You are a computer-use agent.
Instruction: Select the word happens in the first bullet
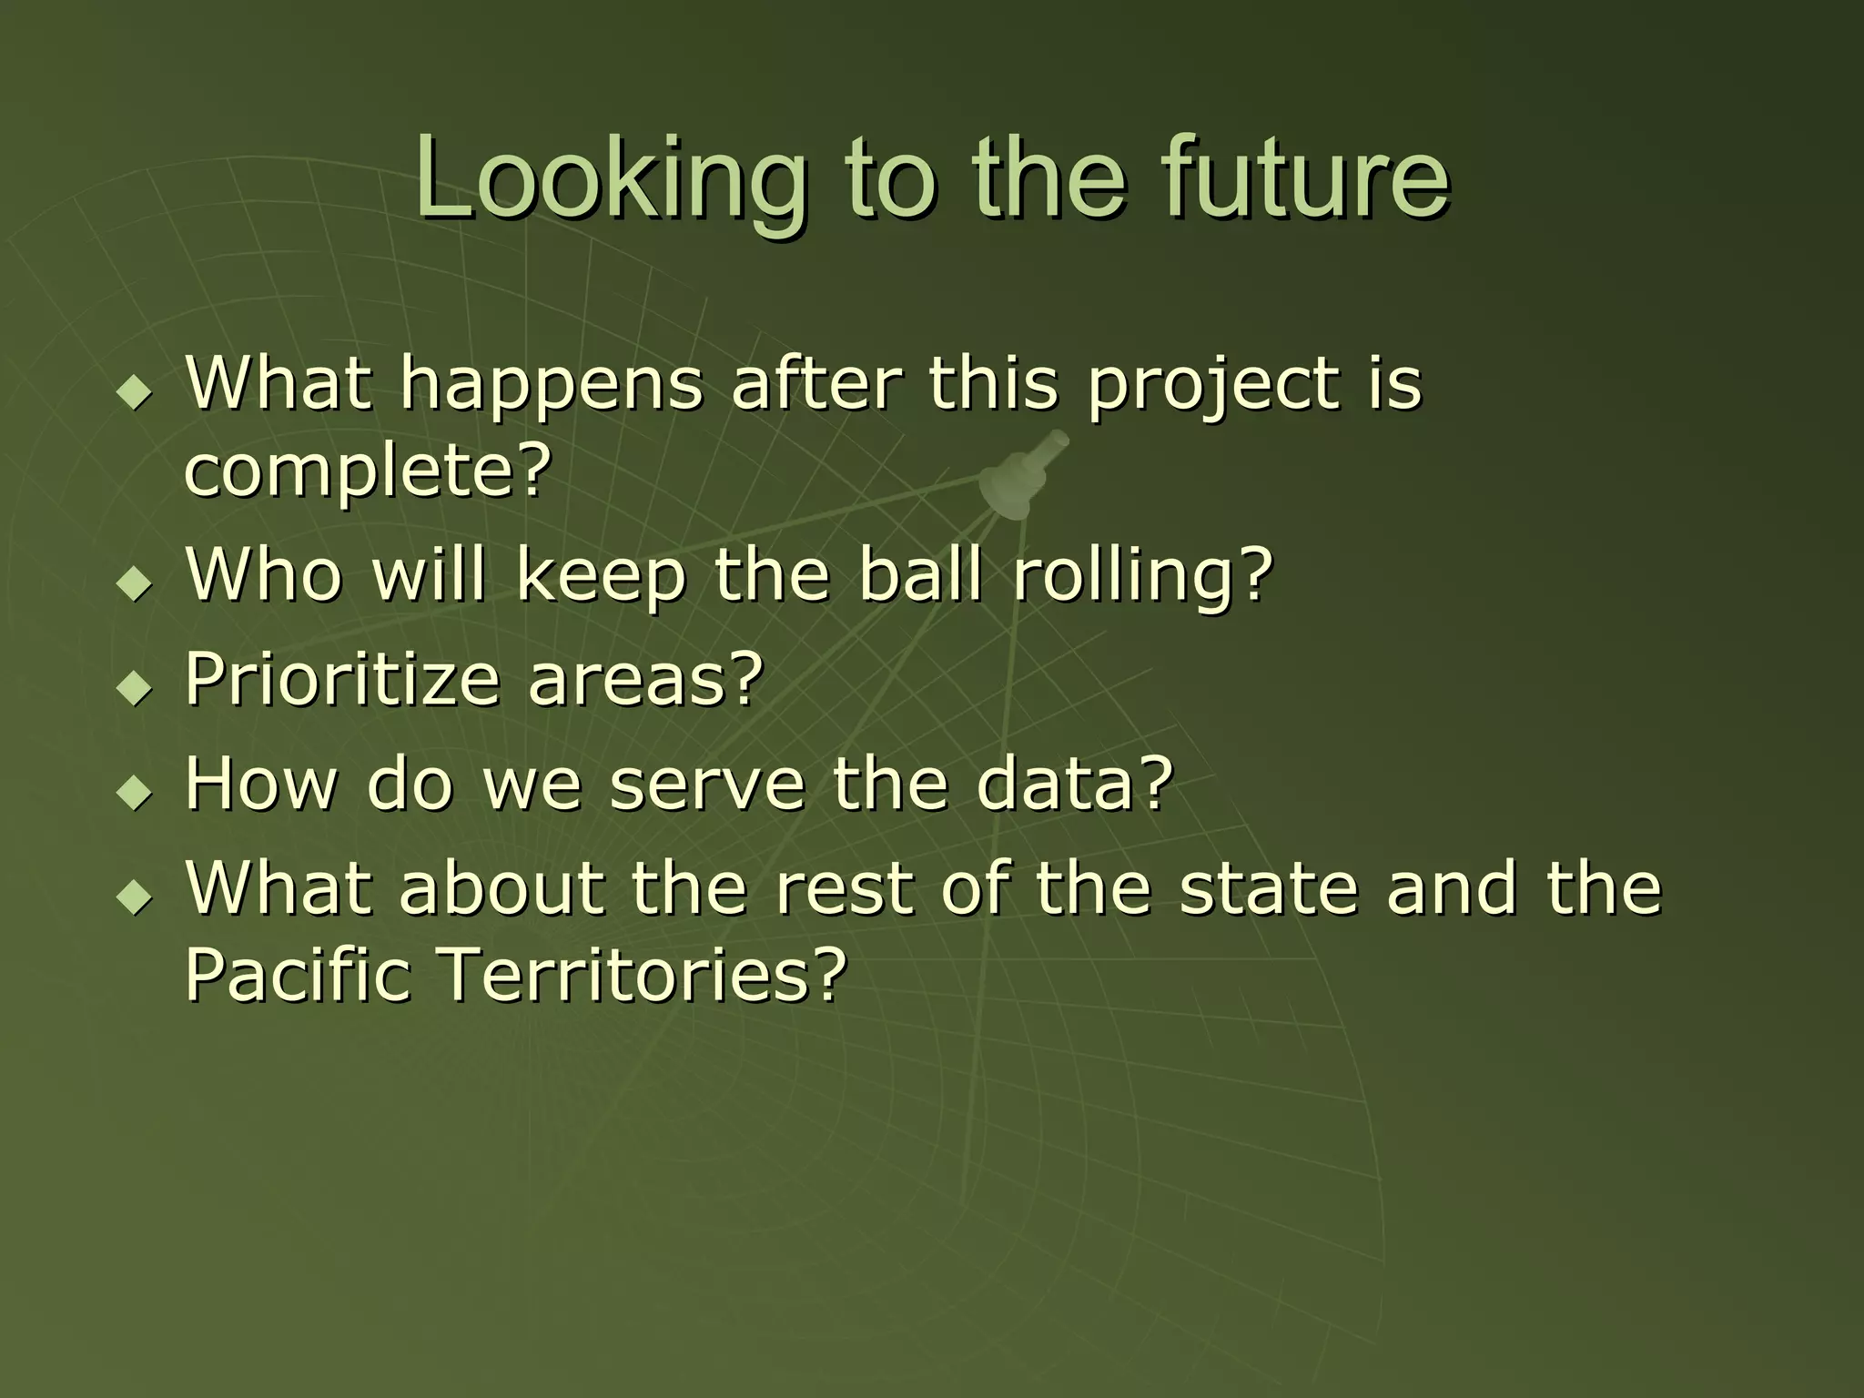(x=552, y=386)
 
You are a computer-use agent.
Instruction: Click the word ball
(x=921, y=575)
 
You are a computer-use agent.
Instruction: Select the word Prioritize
(x=342, y=681)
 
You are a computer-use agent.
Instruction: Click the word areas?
(x=645, y=681)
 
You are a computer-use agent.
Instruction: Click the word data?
(x=1074, y=785)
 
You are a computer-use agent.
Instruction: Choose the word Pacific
(x=298, y=974)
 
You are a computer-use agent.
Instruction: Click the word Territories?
(x=643, y=974)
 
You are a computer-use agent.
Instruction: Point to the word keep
(x=600, y=577)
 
